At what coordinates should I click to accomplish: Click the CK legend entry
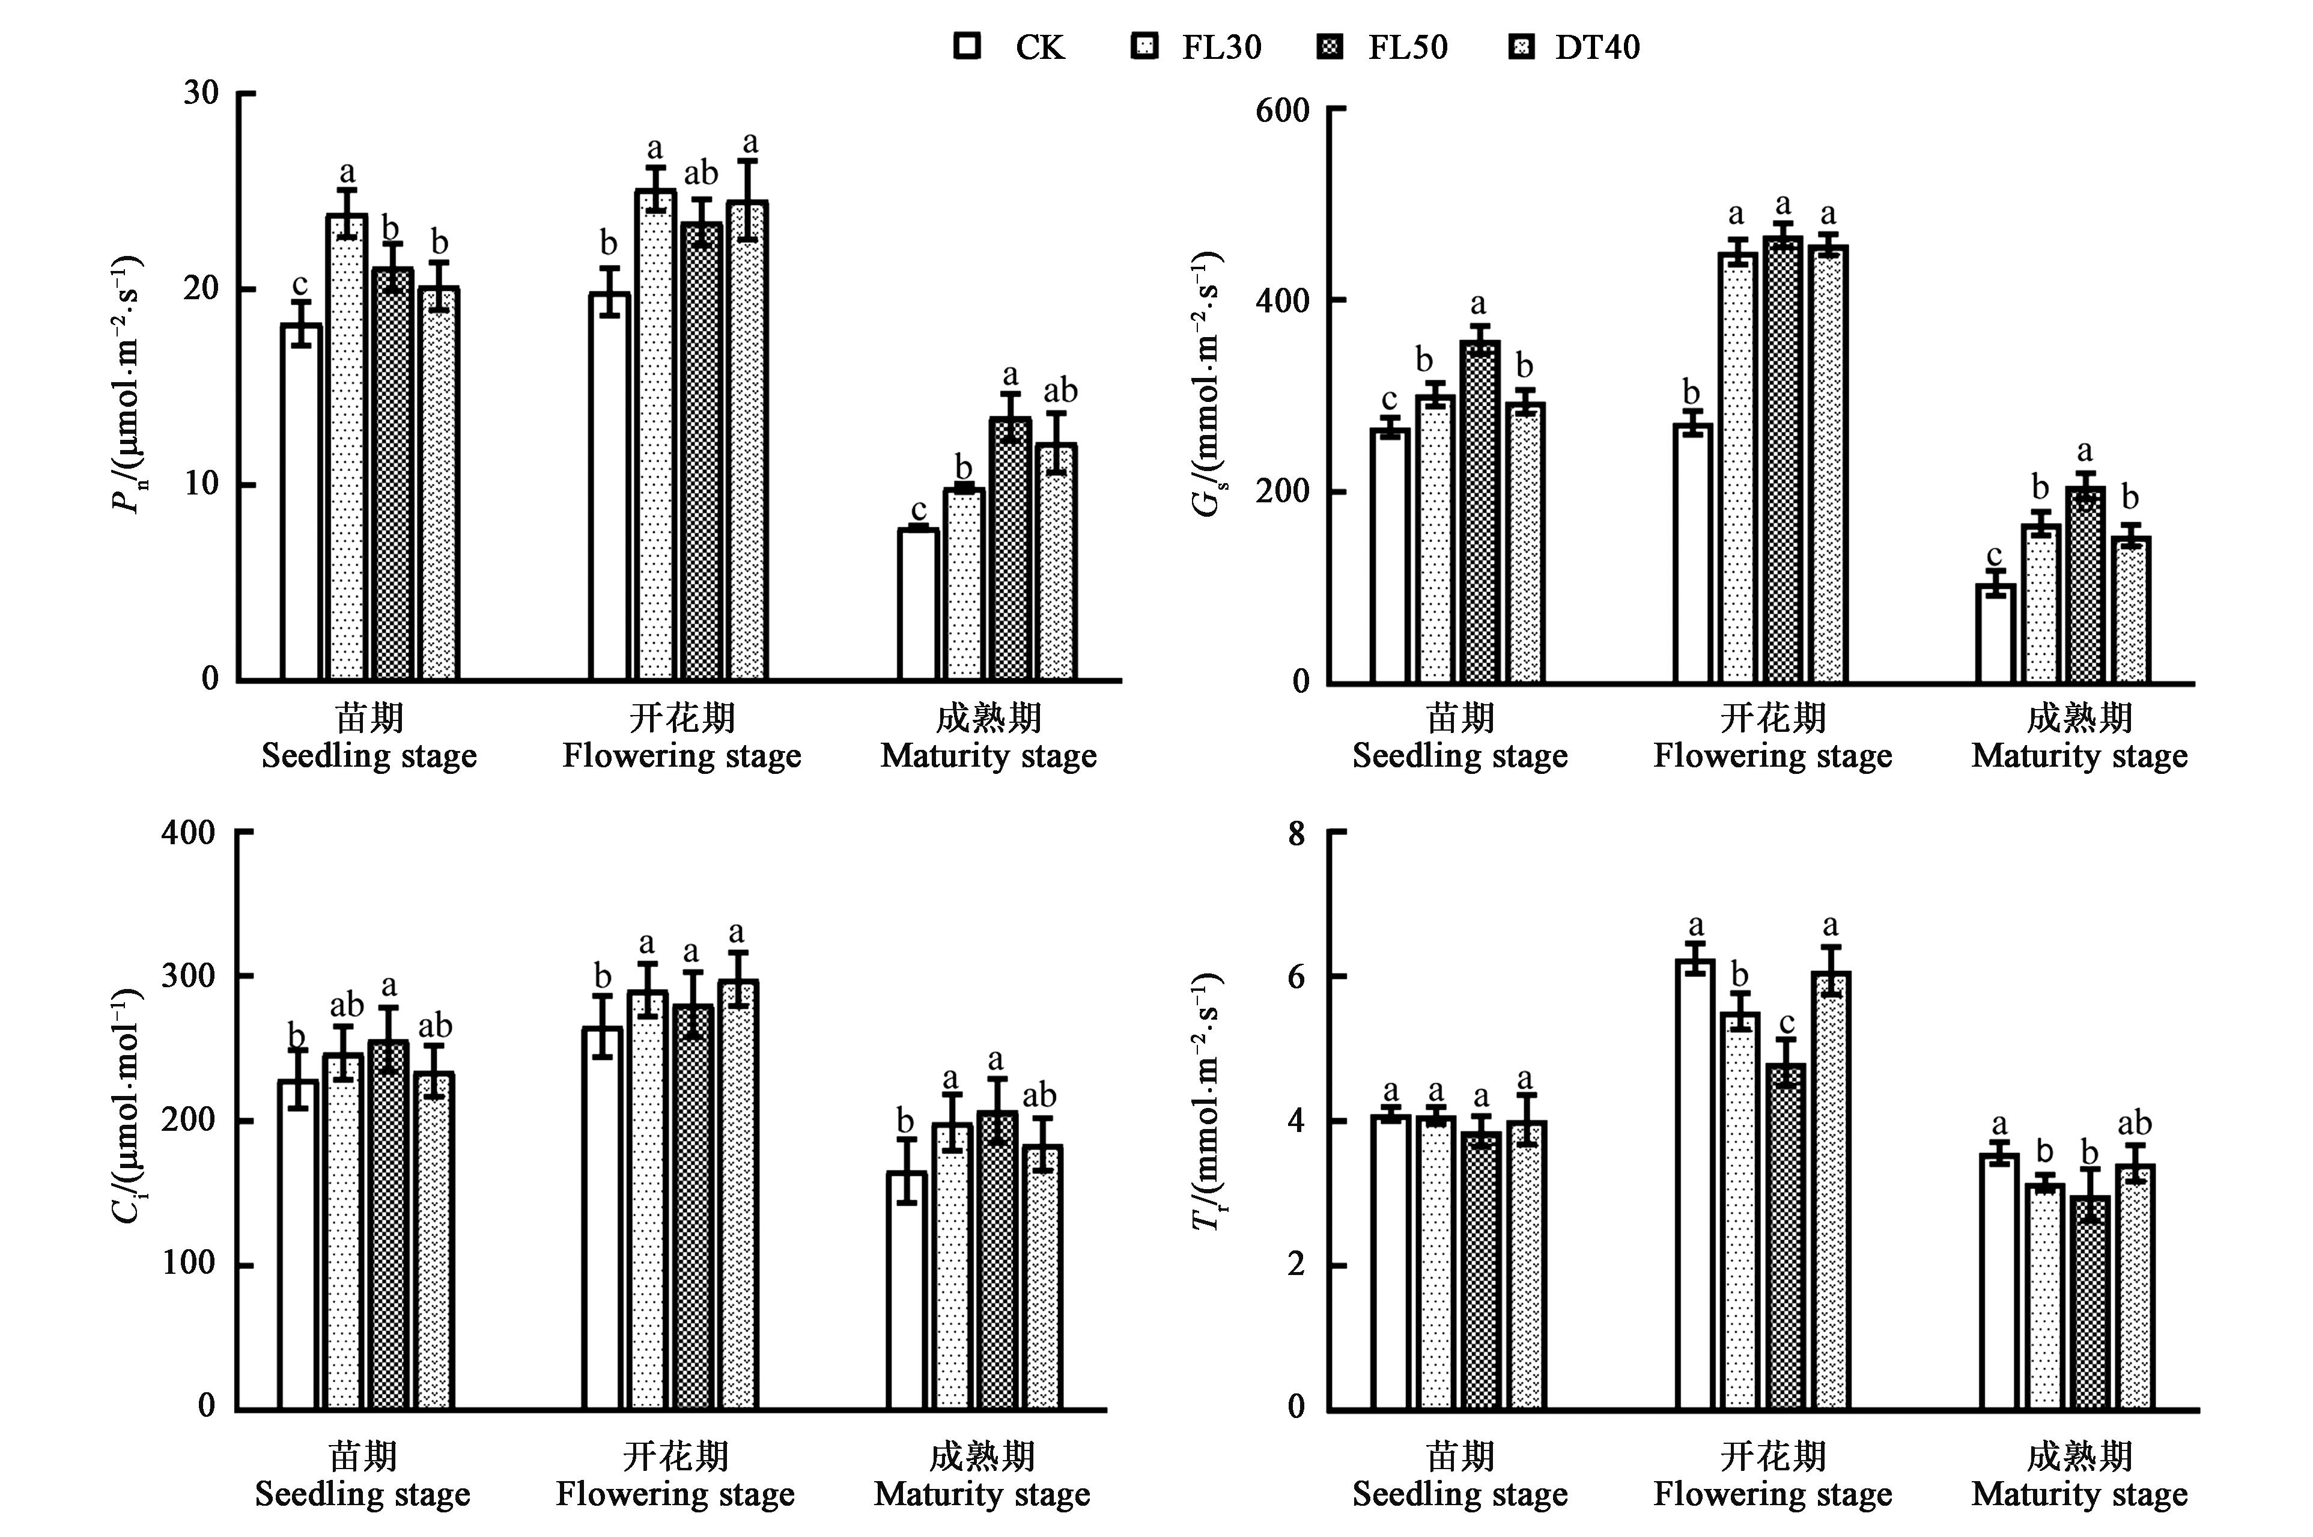[1009, 47]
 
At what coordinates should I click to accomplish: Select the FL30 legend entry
[1196, 47]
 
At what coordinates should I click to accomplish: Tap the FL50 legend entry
[1382, 47]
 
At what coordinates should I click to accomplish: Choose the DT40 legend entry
[1573, 47]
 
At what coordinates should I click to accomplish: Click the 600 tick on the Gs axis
[1282, 110]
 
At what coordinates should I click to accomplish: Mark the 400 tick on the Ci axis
[188, 832]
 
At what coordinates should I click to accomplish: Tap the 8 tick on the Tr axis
[1296, 834]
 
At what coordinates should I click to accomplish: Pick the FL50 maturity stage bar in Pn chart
[1009, 549]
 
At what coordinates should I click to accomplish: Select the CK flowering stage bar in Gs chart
[1692, 554]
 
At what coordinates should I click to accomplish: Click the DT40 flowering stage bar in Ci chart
[737, 1196]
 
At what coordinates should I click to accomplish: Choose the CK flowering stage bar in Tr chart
[1695, 1186]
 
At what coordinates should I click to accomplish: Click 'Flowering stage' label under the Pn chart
[681, 756]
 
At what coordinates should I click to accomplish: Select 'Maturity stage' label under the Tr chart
[2079, 1494]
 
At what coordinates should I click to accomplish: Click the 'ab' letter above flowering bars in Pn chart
[701, 174]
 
